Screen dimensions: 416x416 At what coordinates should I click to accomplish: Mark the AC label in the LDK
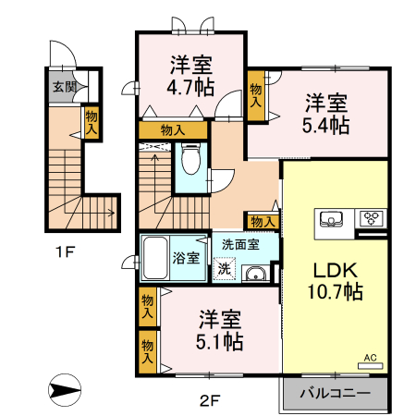pos(370,357)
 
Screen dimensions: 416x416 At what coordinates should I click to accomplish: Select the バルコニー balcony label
pos(335,393)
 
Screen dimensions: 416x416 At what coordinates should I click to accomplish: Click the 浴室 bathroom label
pos(189,257)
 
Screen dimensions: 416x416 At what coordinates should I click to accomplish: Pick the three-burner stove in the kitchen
pos(372,219)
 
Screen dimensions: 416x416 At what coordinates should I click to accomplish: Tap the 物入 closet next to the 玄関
pos(91,122)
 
